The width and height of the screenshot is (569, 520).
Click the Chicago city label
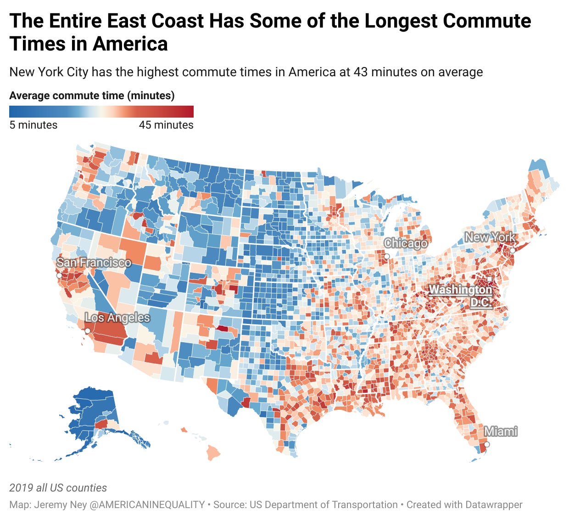click(405, 243)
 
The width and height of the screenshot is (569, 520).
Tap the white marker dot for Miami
click(487, 444)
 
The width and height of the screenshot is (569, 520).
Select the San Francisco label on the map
click(94, 262)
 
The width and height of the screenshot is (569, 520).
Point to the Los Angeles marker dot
click(88, 331)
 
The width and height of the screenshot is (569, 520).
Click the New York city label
click(490, 237)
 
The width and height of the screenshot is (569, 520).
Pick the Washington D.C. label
click(461, 296)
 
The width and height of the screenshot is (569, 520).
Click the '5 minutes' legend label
click(33, 125)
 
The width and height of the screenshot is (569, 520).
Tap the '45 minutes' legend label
click(166, 125)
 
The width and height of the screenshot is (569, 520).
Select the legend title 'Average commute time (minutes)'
click(92, 96)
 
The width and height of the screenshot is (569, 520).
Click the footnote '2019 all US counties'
click(58, 488)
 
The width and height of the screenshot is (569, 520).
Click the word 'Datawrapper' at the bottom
click(493, 504)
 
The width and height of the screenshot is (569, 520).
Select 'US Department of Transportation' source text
click(324, 504)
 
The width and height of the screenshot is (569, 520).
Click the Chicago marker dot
click(387, 256)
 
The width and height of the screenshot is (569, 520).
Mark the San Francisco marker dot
click(59, 276)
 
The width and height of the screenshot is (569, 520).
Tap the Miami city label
click(501, 431)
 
